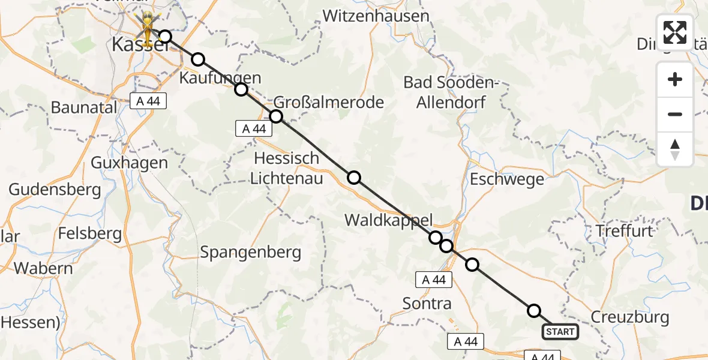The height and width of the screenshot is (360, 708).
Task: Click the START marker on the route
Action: click(560, 332)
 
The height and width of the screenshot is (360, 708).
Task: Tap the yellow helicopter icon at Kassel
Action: click(145, 26)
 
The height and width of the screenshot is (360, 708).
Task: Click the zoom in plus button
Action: click(675, 79)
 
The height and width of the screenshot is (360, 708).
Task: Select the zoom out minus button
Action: click(675, 114)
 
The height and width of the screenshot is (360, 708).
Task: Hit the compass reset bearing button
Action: click(675, 149)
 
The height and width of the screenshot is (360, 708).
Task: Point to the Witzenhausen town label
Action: click(376, 16)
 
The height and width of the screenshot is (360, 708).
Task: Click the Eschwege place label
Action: click(507, 179)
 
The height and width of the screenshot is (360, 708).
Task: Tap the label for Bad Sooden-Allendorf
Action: click(452, 92)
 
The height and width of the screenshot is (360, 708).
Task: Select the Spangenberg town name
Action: click(251, 253)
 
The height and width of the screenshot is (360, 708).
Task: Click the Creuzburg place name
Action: click(630, 317)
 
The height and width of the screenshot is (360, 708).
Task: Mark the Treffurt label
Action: click(624, 230)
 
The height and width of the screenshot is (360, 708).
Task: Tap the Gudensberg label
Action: click(55, 190)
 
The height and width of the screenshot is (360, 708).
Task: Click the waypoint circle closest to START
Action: click(533, 310)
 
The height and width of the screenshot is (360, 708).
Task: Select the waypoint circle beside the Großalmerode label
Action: click(276, 116)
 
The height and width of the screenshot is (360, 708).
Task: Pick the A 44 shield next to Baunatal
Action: click(148, 101)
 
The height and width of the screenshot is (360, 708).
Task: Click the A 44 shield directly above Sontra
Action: click(434, 280)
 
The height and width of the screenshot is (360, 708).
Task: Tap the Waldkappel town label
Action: click(388, 220)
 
